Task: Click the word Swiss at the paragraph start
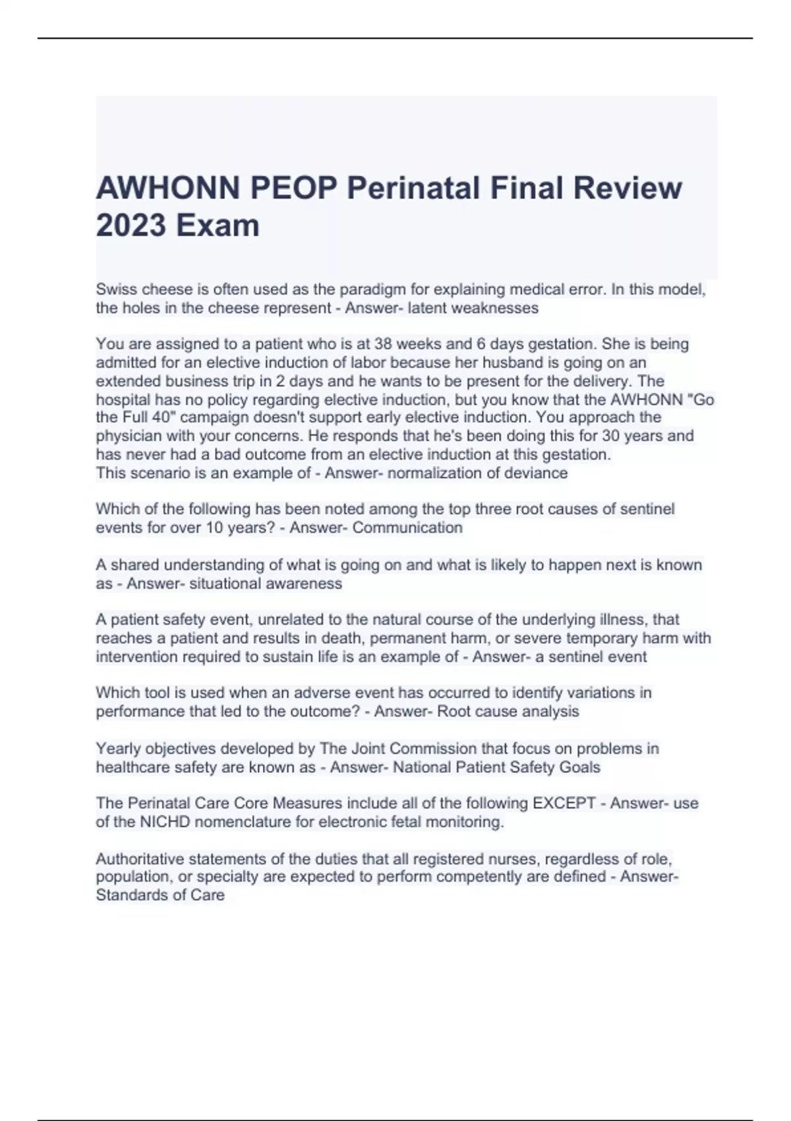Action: tap(117, 289)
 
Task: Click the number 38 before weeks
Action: tap(384, 344)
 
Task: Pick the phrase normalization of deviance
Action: tap(477, 473)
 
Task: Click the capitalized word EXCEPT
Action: tap(564, 803)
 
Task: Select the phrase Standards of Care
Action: tap(160, 895)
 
